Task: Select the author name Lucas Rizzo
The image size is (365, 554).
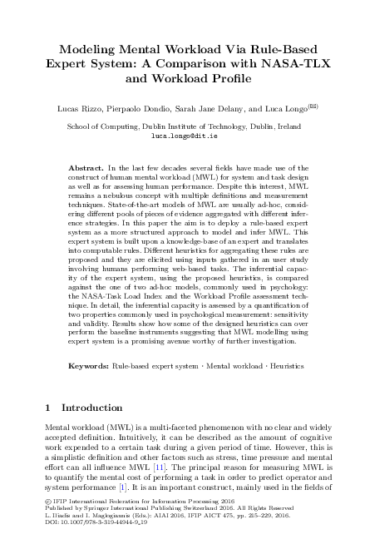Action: (79, 107)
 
